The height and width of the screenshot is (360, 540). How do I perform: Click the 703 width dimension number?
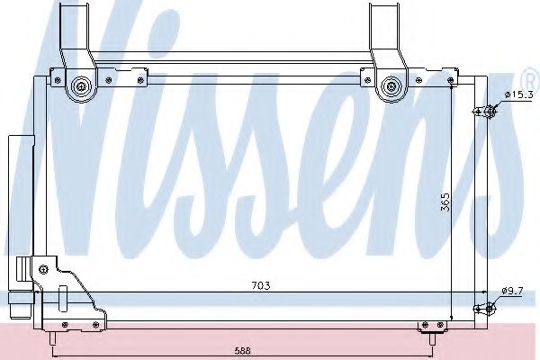point(261,285)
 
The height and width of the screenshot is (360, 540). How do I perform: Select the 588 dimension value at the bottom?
point(242,349)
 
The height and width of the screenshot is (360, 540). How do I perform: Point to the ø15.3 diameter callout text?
point(520,94)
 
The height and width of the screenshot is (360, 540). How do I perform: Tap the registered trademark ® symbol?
point(529,71)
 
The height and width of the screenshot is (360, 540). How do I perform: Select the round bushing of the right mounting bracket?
point(391,87)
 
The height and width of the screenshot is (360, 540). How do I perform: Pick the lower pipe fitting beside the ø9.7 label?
point(489,309)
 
